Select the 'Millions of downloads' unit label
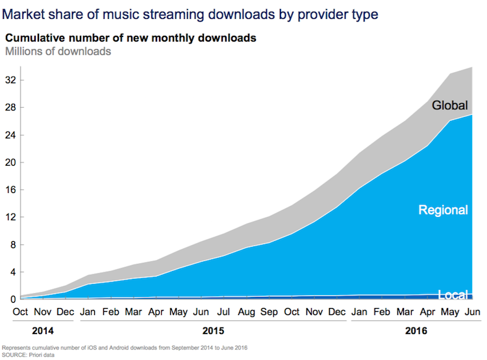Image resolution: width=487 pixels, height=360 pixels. point(58,51)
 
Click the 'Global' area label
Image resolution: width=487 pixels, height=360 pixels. point(449,105)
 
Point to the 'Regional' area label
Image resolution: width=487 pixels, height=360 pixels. point(443,210)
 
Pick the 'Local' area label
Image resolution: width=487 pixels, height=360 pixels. point(453,295)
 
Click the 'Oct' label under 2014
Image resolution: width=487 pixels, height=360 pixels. point(21,312)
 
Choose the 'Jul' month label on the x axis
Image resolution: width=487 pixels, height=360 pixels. point(222,312)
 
